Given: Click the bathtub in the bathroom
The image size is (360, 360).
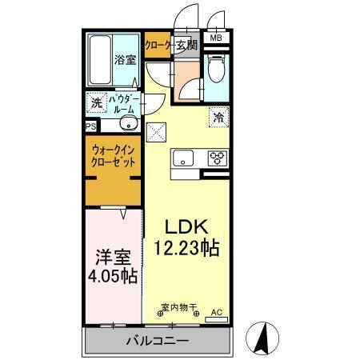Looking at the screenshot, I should (99, 59).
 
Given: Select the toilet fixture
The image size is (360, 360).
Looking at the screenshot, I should (215, 70).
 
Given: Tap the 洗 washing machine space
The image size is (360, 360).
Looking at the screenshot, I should (96, 102).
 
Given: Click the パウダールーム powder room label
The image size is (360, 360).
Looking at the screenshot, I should (121, 102).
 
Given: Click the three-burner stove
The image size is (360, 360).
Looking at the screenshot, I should (217, 158).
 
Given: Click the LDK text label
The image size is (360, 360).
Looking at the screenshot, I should (186, 226).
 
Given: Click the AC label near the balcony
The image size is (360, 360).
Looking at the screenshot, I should (216, 314).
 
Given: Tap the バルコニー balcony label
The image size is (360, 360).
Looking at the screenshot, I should (157, 342).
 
